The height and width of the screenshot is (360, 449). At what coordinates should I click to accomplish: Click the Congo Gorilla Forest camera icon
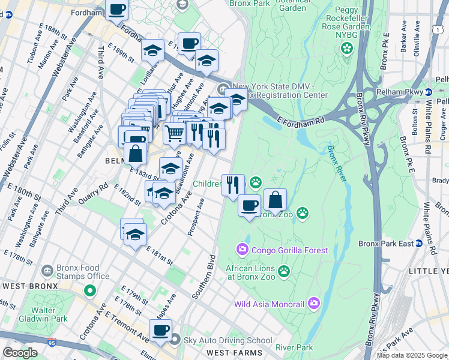pos(242,249)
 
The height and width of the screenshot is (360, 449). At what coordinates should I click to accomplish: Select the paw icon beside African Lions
pos(285,272)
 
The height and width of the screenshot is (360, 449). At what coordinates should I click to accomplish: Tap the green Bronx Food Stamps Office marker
pos(89,292)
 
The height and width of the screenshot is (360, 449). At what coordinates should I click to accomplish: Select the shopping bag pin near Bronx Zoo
pos(275,200)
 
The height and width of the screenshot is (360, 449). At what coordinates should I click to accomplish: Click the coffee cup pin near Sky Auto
pos(160,331)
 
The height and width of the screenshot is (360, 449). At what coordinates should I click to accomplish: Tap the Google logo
pos(20,353)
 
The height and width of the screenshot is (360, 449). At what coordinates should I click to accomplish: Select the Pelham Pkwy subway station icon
pos(429,92)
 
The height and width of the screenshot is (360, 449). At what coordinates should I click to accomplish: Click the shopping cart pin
pos(174,133)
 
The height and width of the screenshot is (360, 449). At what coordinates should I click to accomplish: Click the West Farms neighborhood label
pos(234,352)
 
